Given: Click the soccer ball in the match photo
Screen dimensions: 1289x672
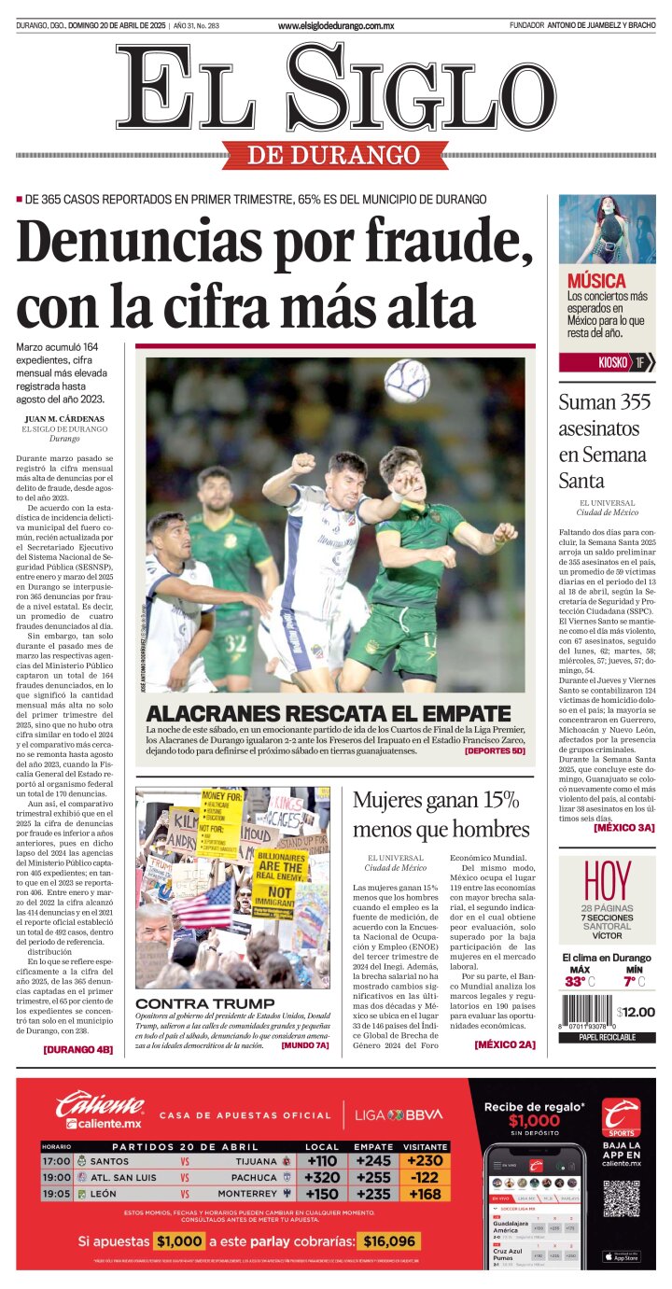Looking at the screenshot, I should (x=407, y=381).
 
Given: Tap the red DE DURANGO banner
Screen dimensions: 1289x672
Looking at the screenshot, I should (x=321, y=154).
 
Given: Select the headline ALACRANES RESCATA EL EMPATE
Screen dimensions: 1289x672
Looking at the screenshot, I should (x=329, y=713).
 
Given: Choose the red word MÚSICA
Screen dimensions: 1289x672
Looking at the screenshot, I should (x=596, y=281).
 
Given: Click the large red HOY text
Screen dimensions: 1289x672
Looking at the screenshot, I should (x=607, y=880).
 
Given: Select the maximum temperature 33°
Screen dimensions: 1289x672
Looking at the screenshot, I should (x=575, y=981).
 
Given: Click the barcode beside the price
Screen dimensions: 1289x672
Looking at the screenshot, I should (x=587, y=1013).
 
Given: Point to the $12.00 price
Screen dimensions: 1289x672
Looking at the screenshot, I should (x=636, y=1012).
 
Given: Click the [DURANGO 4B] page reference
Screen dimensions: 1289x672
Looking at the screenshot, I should (x=77, y=1049).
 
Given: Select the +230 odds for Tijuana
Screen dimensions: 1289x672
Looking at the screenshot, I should (x=426, y=1160).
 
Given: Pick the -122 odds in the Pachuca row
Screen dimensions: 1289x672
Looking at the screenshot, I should (x=426, y=1177).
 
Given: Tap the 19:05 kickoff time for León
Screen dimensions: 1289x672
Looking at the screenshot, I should (x=56, y=1193).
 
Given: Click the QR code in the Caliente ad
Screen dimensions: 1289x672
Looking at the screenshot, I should (x=621, y=1198).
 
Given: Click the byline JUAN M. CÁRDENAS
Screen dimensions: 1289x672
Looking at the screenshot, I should (x=64, y=418).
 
